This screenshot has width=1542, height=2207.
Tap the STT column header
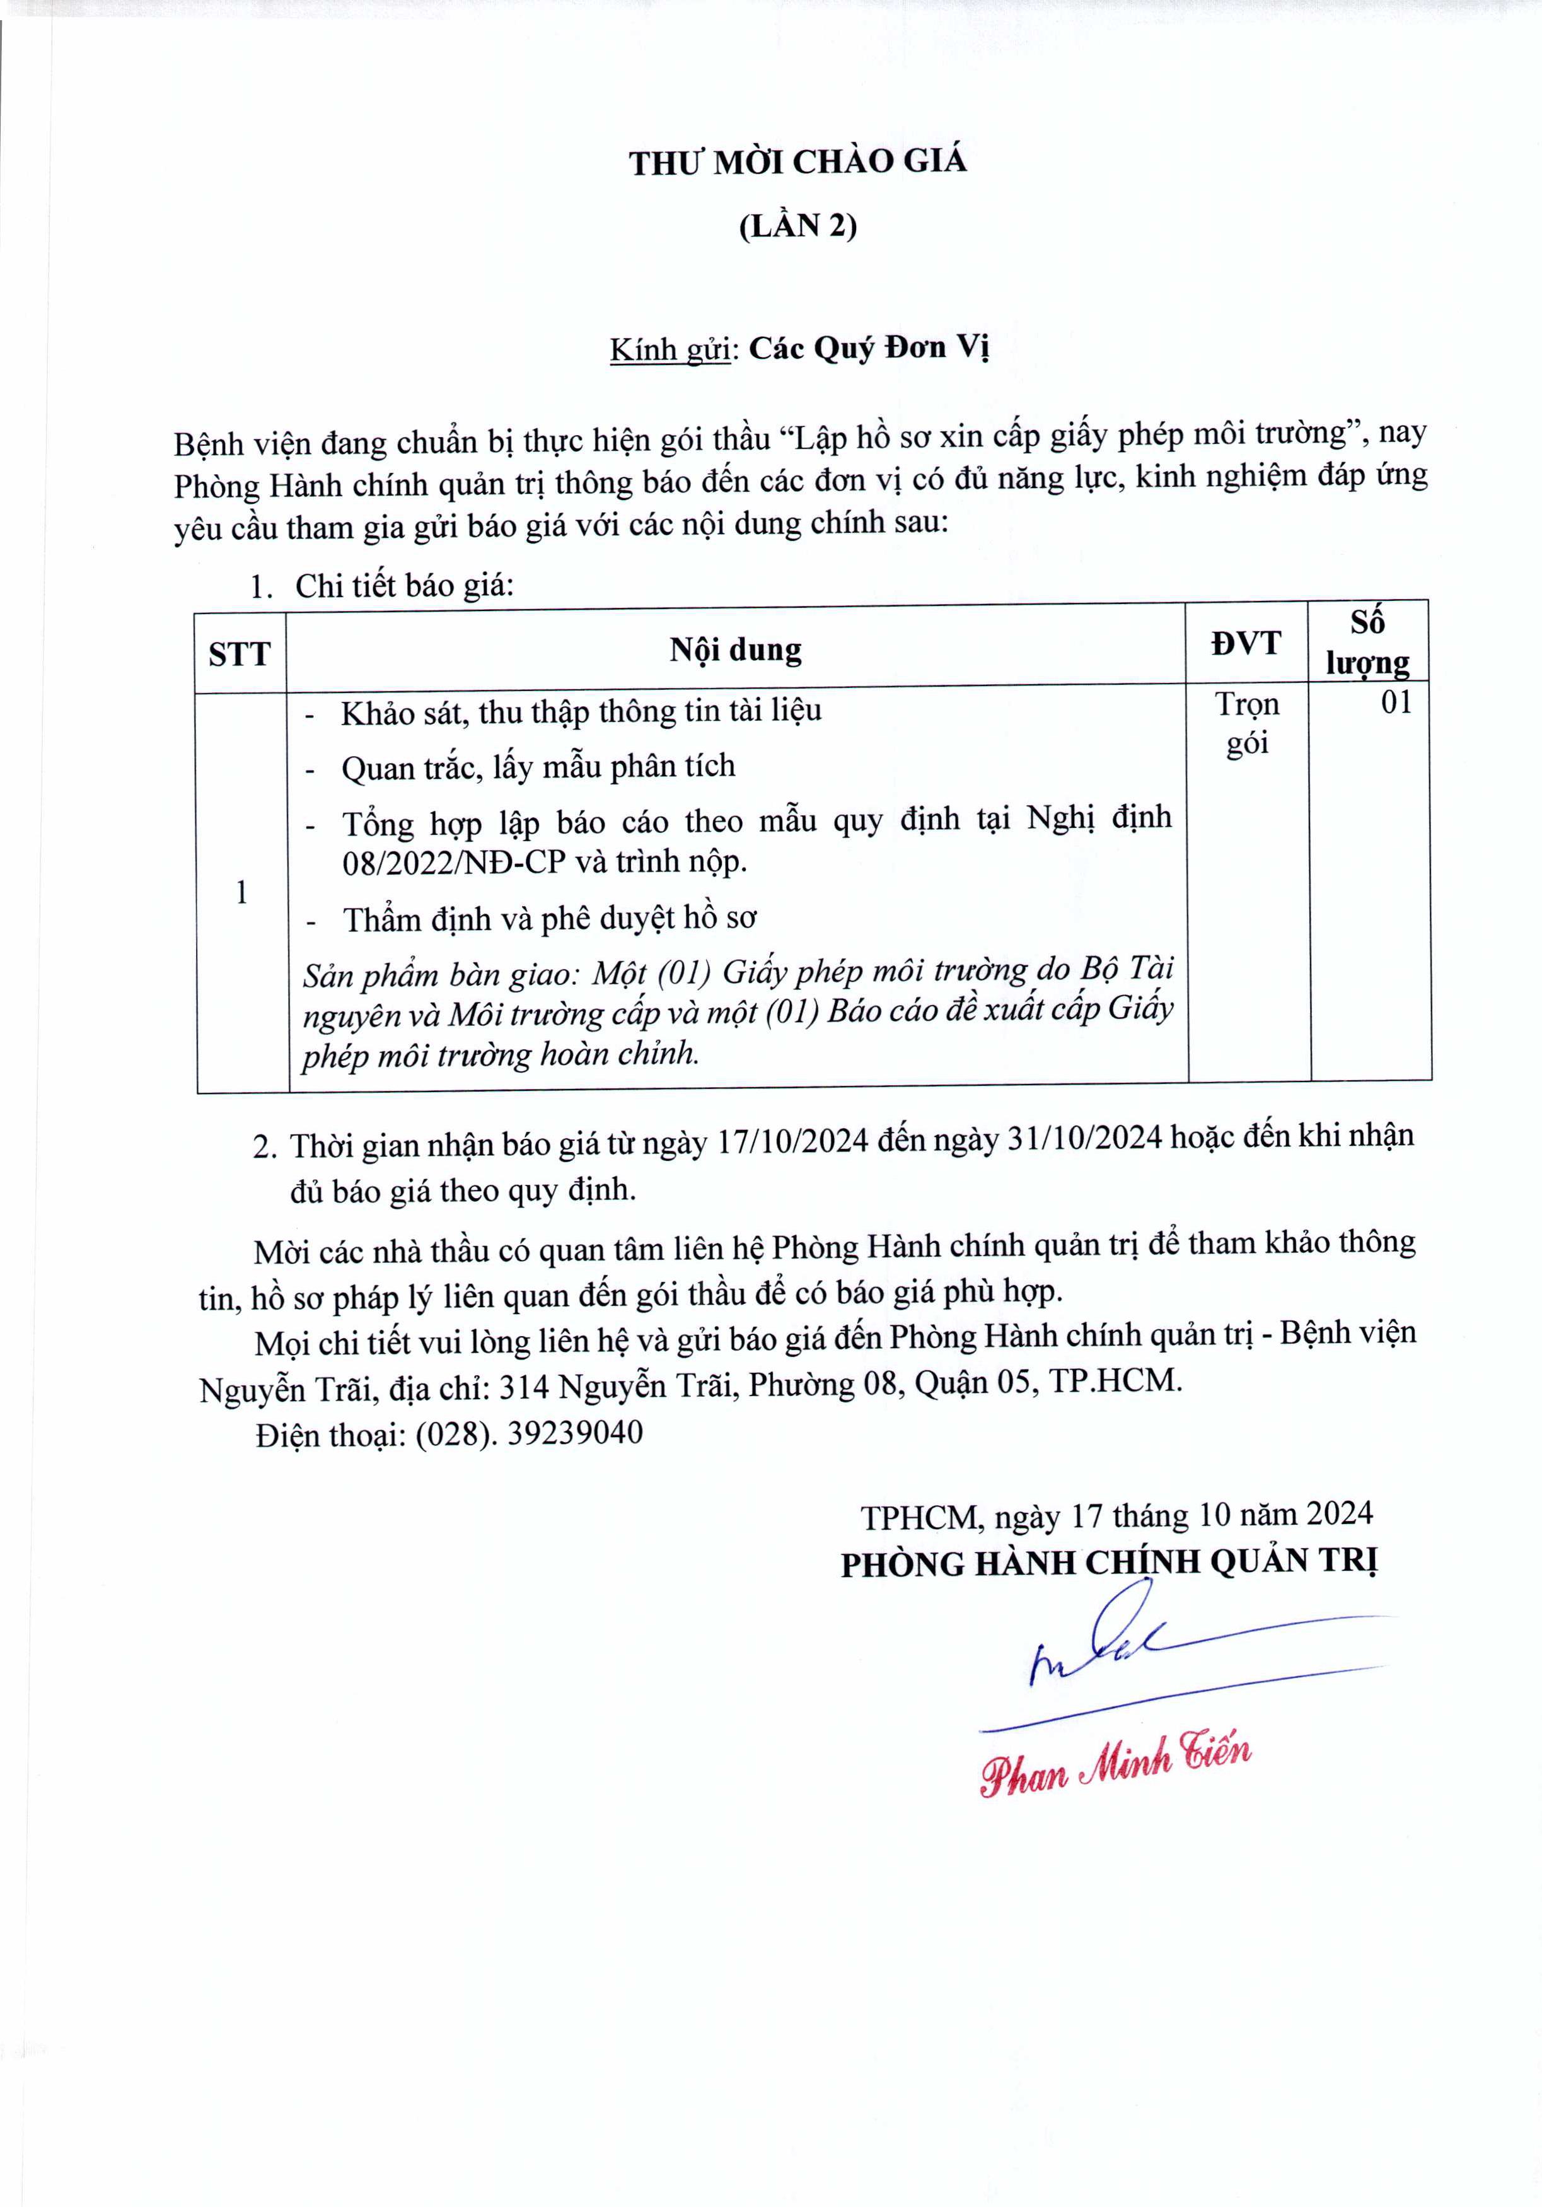pos(239,655)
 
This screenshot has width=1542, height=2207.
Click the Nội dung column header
pos(735,649)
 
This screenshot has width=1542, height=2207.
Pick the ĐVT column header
pos(1246,643)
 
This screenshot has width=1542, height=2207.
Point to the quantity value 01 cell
pos(1396,702)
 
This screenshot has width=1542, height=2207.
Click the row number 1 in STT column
pos(241,893)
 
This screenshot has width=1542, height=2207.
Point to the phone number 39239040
pos(574,1433)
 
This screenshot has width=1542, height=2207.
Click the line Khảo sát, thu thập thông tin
pos(581,713)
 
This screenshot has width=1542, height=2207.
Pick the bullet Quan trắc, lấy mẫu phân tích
pos(538,767)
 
